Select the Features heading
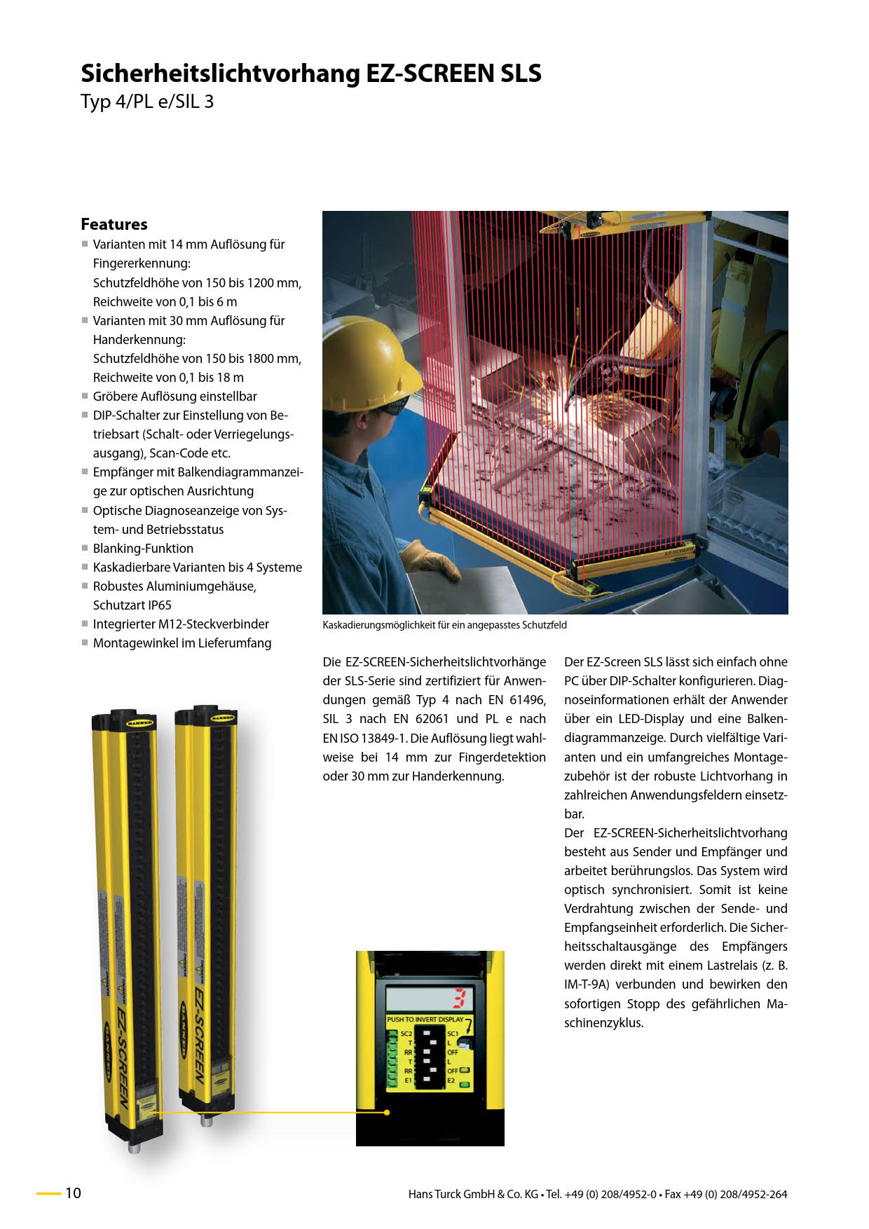(x=114, y=224)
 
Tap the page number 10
(x=74, y=1193)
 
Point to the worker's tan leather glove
(x=430, y=560)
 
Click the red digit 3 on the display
(x=460, y=998)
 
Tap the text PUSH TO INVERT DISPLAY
(x=425, y=1019)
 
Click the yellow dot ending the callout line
(x=387, y=1112)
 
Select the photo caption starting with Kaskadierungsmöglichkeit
(x=444, y=625)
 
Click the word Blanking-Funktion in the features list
(x=143, y=549)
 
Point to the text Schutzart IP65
(x=132, y=605)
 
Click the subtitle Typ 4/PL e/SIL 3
(x=147, y=102)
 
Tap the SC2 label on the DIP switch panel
(x=406, y=1034)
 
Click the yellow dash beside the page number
(x=48, y=1193)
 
